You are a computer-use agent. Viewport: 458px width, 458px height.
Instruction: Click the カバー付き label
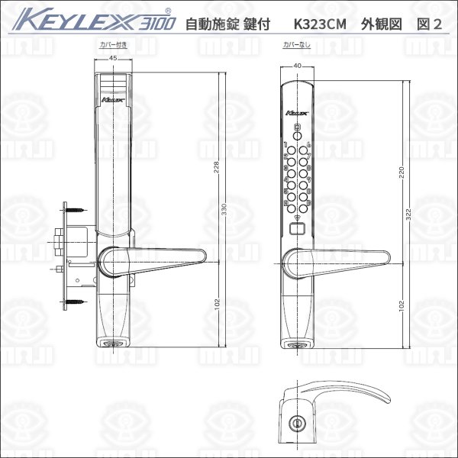coord(114,46)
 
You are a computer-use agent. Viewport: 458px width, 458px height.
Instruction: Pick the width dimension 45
coord(113,60)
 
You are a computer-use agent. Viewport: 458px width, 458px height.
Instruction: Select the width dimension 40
coord(297,66)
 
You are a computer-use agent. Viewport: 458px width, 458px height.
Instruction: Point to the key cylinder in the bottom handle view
coord(295,421)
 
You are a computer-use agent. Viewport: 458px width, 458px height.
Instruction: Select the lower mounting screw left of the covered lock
coord(74,303)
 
